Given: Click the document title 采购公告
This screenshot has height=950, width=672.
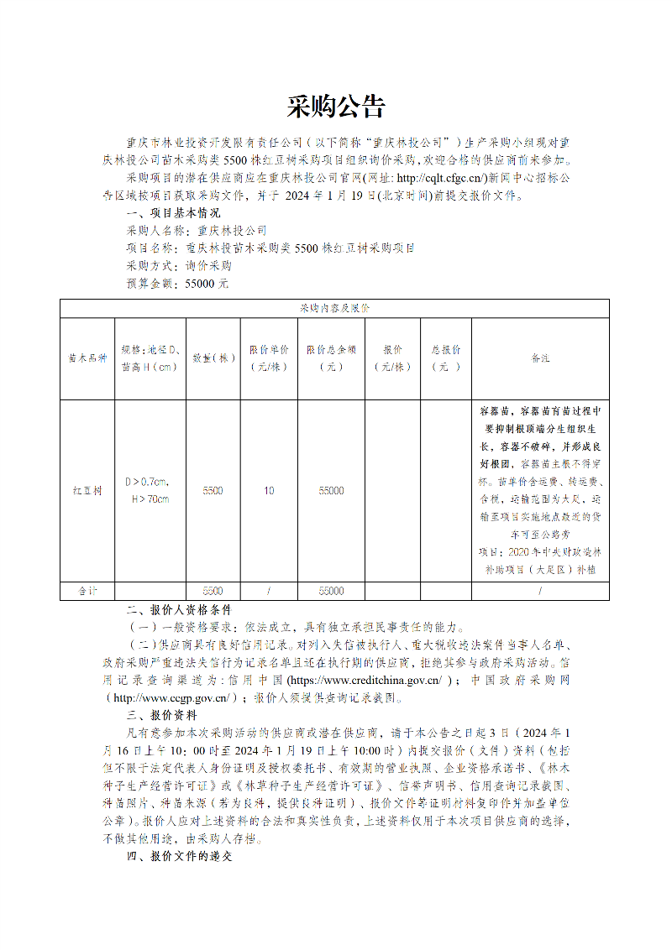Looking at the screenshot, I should pos(335,107).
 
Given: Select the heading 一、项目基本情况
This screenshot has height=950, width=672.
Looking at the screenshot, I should pos(172,213).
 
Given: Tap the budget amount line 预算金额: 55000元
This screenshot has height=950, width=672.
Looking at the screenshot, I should pos(177,284).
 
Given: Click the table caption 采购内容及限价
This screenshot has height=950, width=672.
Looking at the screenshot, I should pos(334,309).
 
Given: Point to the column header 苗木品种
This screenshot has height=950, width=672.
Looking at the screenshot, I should pos(87,358).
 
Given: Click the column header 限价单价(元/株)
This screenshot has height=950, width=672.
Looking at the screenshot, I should pos(269,358).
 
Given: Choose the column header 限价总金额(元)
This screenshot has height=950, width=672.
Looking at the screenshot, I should pos(331,358).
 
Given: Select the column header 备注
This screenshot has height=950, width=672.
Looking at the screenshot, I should pos(540,358).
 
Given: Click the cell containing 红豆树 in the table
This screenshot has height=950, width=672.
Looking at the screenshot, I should pos(87,491).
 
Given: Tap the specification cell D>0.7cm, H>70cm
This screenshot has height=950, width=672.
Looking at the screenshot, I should pos(149,491).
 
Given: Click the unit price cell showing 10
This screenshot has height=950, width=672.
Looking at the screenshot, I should pos(269,491).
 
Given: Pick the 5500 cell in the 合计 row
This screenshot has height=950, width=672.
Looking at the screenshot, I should pos(213,591).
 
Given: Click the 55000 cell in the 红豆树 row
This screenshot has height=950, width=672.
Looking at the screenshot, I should pos(331,491).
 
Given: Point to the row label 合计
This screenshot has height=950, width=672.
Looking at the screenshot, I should pos(87,591).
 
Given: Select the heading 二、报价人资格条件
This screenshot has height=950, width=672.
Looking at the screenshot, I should pos(178,609).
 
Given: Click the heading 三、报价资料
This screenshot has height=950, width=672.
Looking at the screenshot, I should pos(161,715).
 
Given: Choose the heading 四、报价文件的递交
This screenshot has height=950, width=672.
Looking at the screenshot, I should pos(178,857).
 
